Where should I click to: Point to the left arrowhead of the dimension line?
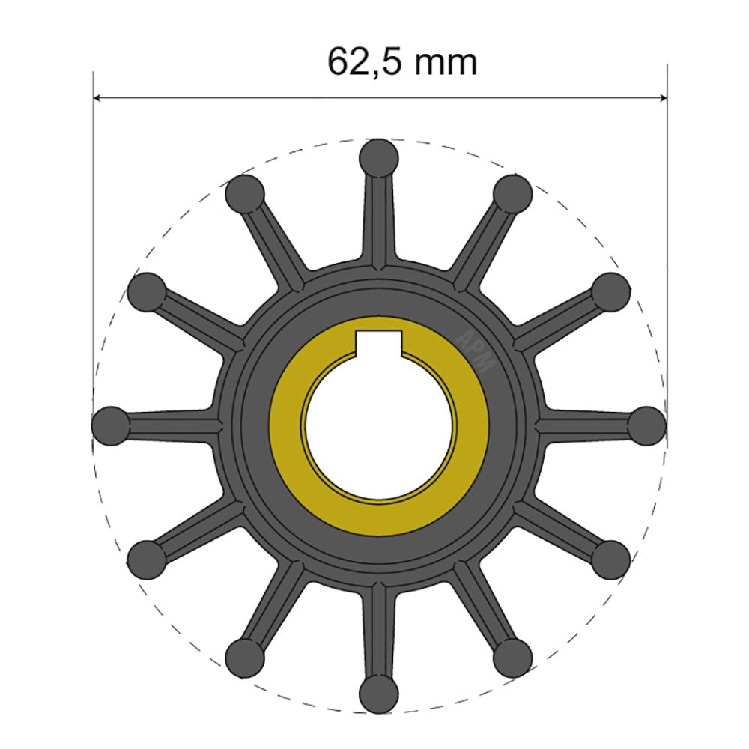click(x=98, y=97)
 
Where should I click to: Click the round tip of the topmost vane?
click(x=379, y=157)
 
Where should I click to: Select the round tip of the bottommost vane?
click(x=379, y=694)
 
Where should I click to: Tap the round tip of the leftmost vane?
click(x=111, y=426)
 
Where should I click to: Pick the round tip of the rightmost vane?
click(x=646, y=425)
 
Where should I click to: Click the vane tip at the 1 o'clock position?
click(x=513, y=193)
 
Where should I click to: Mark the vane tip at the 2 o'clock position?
click(x=611, y=291)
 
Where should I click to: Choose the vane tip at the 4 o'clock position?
click(x=611, y=560)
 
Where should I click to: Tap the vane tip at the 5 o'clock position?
click(x=513, y=658)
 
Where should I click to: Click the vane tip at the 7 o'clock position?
click(x=245, y=658)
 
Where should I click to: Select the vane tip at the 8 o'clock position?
click(x=147, y=560)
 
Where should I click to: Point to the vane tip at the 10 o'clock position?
click(x=147, y=291)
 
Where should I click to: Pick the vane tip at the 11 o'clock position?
click(x=245, y=193)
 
